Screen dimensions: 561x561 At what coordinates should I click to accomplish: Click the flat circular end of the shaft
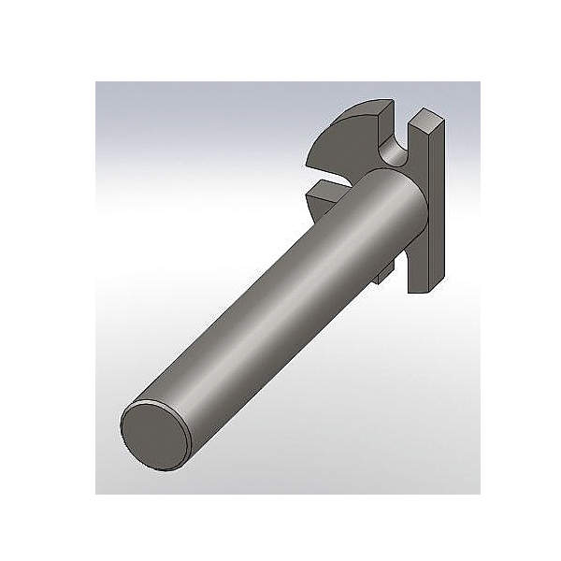coord(152,432)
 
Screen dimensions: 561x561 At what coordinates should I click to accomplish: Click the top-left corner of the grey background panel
coord(96,82)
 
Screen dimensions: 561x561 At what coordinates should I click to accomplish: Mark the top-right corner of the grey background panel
coord(480,82)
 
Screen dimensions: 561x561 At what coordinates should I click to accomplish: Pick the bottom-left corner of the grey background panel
coord(96,493)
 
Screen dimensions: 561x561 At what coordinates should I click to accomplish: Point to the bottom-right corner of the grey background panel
coord(480,493)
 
